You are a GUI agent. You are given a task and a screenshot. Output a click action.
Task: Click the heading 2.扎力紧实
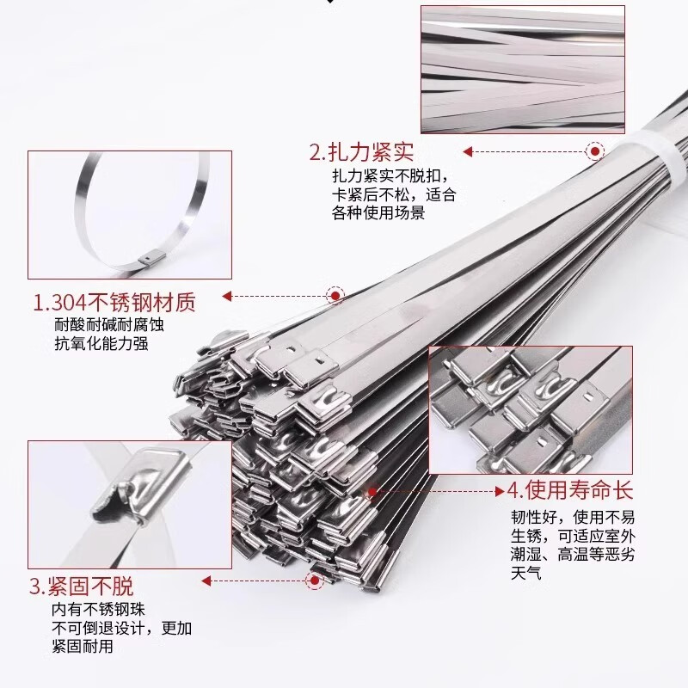(361, 153)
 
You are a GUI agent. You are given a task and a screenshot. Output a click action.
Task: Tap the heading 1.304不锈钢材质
(114, 303)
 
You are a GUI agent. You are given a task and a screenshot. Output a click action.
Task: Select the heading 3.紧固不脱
(82, 588)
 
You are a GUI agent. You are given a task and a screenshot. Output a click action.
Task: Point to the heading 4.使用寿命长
(568, 491)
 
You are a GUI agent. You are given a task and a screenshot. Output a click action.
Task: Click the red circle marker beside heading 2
(594, 152)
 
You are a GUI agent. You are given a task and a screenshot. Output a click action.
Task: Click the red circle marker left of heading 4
(373, 491)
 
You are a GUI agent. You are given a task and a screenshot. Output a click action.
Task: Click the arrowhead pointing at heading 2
(469, 152)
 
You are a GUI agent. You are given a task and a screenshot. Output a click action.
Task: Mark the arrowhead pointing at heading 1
(228, 297)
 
